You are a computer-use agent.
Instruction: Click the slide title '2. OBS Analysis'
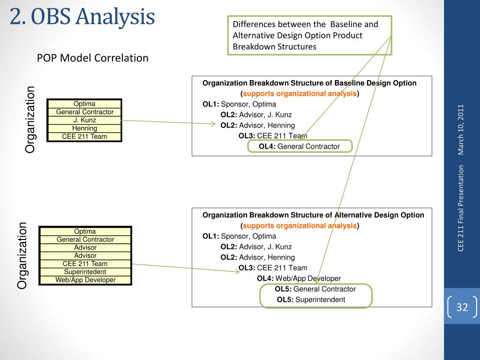(x=82, y=17)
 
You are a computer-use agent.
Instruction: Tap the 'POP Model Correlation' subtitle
(x=93, y=58)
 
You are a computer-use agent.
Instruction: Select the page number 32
(x=462, y=307)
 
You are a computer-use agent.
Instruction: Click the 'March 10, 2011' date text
(x=461, y=129)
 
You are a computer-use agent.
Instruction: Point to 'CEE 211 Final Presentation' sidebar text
(x=461, y=208)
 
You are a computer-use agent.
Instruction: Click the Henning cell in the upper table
(x=85, y=128)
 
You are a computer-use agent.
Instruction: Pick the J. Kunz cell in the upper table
(x=85, y=120)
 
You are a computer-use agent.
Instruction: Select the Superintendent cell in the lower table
(x=85, y=272)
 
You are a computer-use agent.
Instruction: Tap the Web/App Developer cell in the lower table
(x=85, y=280)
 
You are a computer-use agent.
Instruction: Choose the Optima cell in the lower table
(x=85, y=232)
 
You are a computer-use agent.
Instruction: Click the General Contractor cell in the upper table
(x=85, y=112)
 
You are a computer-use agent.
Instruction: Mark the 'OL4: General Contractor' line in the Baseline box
(x=299, y=146)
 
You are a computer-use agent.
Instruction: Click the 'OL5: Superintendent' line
(x=311, y=300)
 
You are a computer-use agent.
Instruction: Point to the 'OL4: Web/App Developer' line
(x=299, y=278)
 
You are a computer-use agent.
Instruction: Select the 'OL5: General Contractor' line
(x=315, y=289)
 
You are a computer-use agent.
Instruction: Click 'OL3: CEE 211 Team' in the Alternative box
(x=273, y=268)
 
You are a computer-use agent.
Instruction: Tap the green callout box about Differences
(x=309, y=35)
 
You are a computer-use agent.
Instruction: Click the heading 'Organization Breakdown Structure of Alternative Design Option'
(x=313, y=215)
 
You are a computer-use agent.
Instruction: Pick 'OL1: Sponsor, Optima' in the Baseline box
(x=239, y=104)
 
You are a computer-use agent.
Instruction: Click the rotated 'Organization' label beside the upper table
(x=30, y=120)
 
